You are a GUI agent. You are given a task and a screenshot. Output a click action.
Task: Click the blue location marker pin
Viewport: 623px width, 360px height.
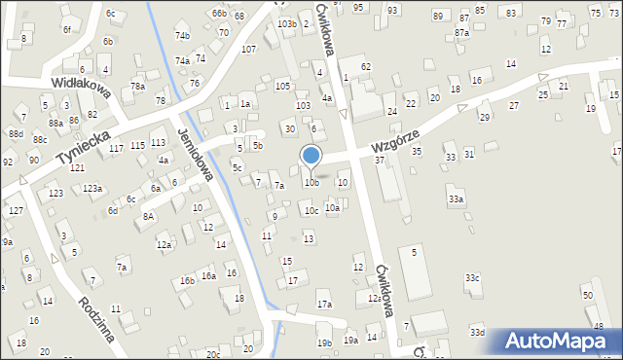pyautogui.click(x=311, y=157)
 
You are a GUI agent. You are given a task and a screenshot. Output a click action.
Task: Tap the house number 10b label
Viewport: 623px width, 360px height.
pyautogui.click(x=311, y=182)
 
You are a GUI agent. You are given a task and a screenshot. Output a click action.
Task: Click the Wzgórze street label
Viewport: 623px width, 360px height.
pyautogui.click(x=395, y=141)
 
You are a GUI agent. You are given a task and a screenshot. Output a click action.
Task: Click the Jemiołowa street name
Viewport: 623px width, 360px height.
pyautogui.click(x=197, y=154)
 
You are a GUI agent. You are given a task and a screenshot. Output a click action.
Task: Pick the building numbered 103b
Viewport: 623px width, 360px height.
pyautogui.click(x=286, y=22)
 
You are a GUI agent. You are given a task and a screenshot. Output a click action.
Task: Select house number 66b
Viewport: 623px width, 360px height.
pyautogui.click(x=219, y=13)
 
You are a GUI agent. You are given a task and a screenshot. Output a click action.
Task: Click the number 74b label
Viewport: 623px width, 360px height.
pyautogui.click(x=182, y=36)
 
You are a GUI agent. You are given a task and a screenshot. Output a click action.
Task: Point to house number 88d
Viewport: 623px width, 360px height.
pyautogui.click(x=16, y=133)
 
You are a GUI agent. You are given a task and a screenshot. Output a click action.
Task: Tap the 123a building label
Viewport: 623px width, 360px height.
pyautogui.click(x=92, y=188)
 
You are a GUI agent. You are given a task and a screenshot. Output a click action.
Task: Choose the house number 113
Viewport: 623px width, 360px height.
pyautogui.click(x=158, y=143)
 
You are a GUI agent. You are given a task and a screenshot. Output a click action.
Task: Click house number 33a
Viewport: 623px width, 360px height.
pyautogui.click(x=456, y=198)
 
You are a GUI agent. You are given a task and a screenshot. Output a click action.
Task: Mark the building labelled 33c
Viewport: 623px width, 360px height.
pyautogui.click(x=472, y=278)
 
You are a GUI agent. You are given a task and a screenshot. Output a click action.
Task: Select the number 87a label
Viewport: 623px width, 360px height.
pyautogui.click(x=461, y=32)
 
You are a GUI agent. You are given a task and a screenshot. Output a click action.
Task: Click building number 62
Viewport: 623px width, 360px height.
pyautogui.click(x=365, y=66)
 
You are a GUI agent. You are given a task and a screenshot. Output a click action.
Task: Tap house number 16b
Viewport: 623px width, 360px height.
pyautogui.click(x=187, y=281)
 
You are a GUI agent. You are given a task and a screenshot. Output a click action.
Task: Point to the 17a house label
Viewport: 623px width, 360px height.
pyautogui.click(x=323, y=305)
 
